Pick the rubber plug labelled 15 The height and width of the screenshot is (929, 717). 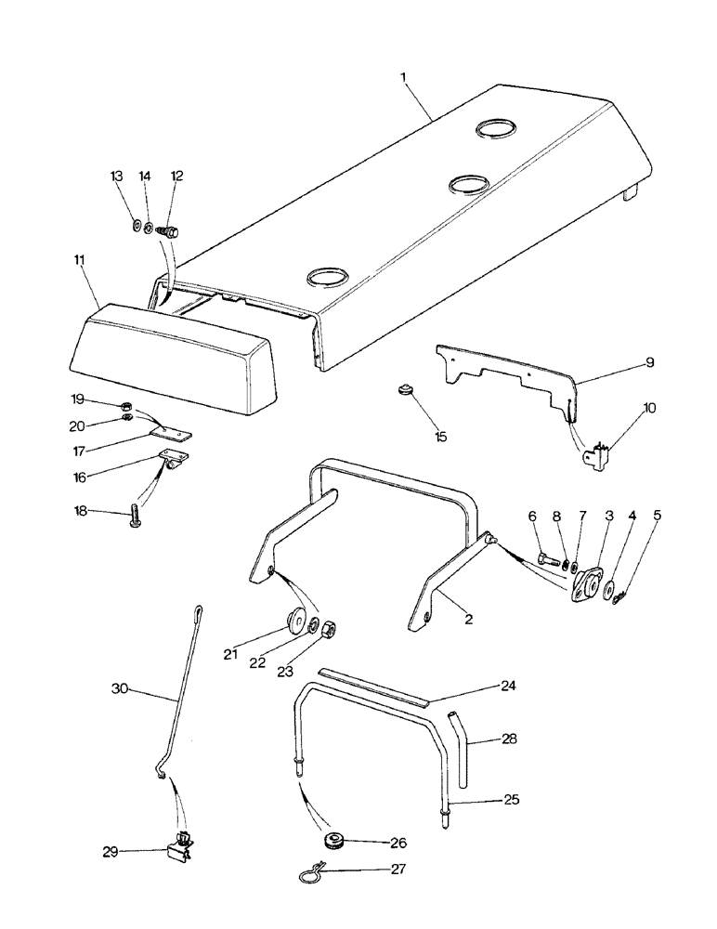405,389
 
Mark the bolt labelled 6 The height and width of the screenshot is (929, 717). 548,562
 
